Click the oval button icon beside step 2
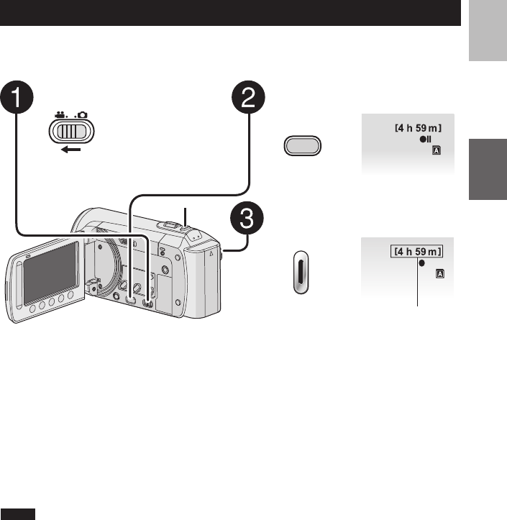[303, 147]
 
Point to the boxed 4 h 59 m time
[417, 251]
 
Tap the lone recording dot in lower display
[422, 264]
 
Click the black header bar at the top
[230, 13]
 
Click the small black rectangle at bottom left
[19, 514]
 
